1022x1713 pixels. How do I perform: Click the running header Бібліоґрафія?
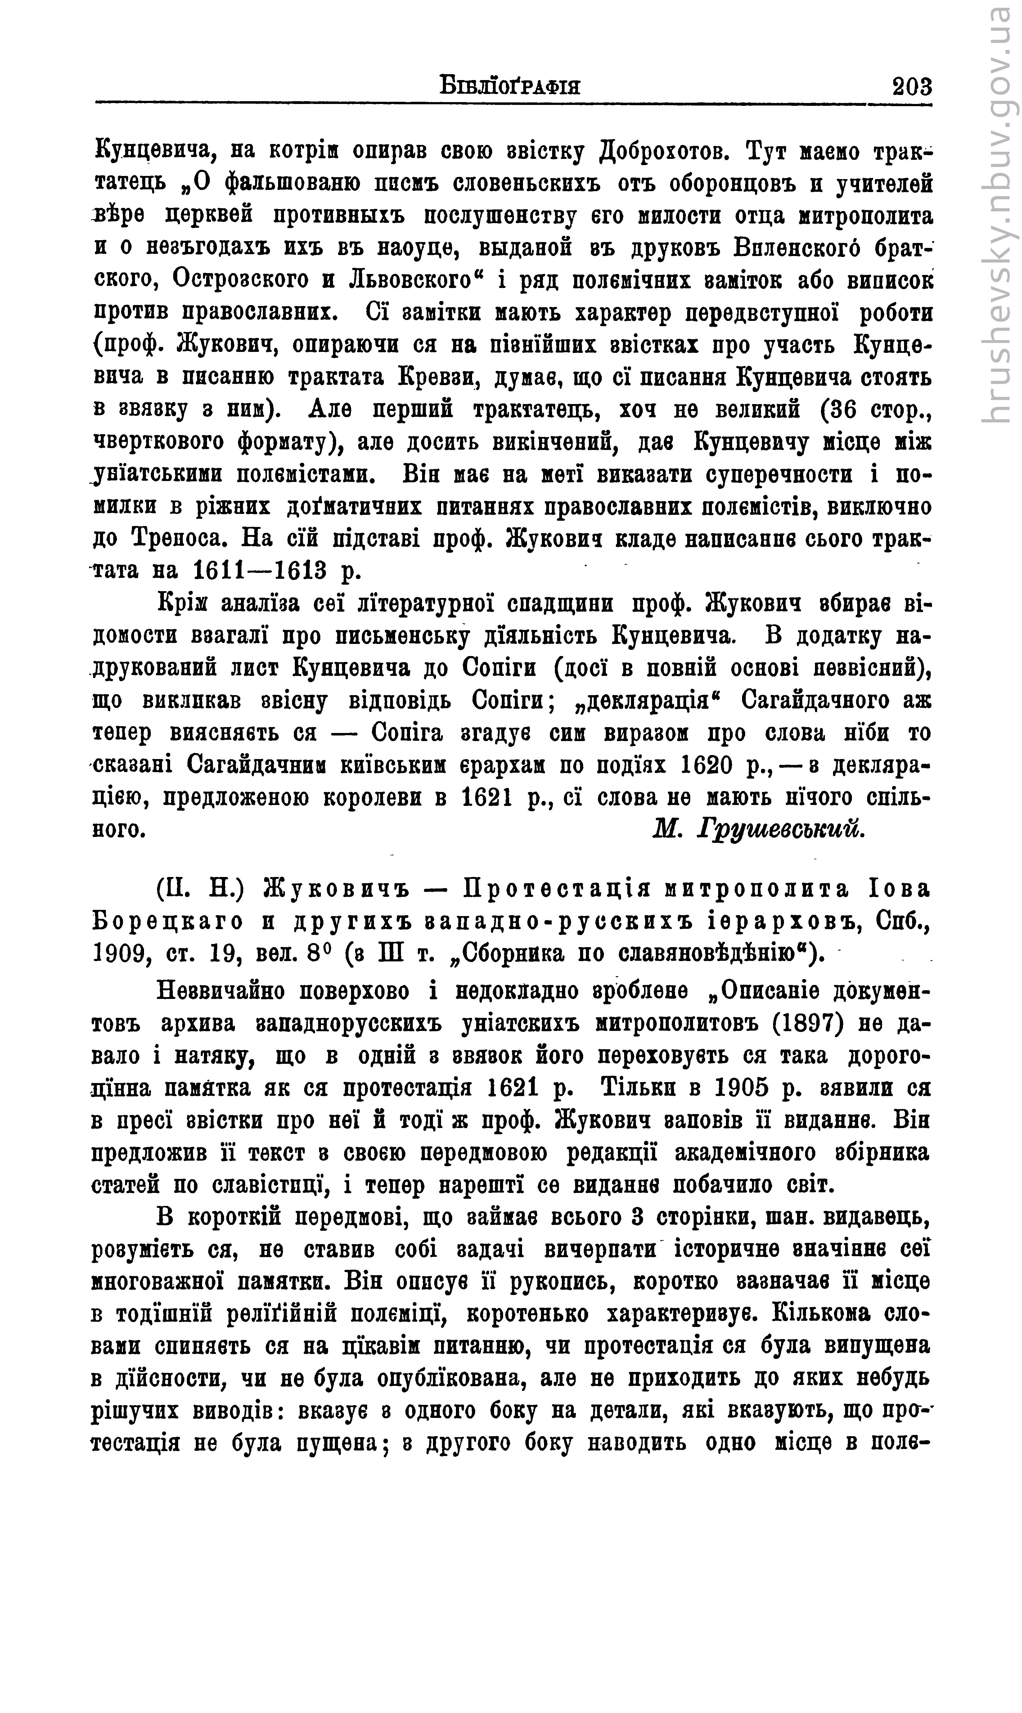coord(510,88)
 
